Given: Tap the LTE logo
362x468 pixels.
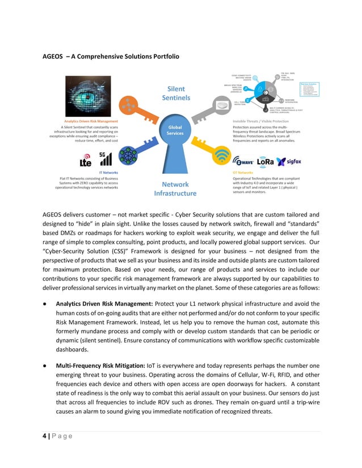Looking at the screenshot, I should click(86, 160).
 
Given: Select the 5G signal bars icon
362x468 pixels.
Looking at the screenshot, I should click(105, 158).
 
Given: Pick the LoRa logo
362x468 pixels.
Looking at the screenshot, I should click(266, 161).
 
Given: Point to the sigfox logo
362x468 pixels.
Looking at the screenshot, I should click(289, 161).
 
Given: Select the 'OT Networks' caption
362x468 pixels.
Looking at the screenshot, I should click(243, 172).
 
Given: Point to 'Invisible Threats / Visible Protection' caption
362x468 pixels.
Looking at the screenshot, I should click(261, 121).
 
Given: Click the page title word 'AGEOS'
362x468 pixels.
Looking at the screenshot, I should click(53, 57).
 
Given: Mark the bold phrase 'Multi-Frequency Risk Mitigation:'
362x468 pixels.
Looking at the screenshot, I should click(101, 367).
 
